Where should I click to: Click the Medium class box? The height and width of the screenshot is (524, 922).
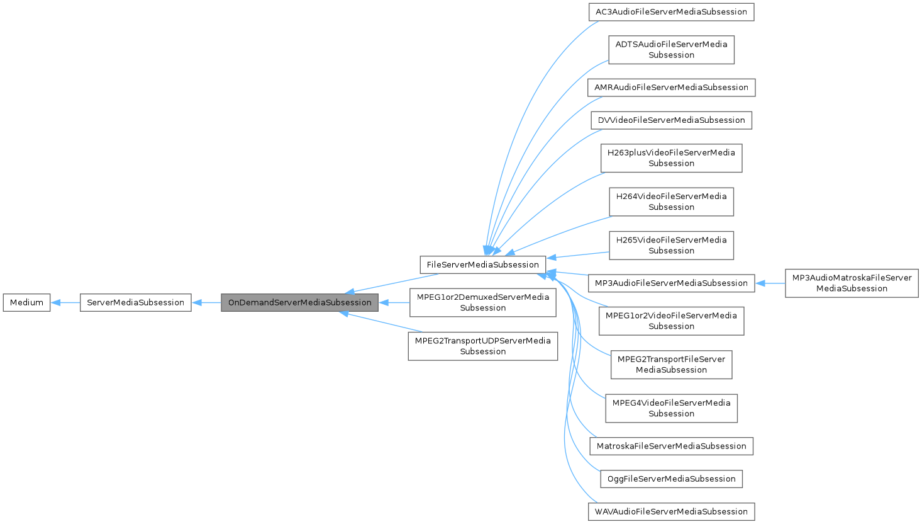[26, 302]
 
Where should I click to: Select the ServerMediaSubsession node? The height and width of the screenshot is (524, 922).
[135, 302]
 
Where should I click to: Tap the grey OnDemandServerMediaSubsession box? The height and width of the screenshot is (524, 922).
[299, 302]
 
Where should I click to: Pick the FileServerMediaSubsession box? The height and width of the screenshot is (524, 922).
[482, 265]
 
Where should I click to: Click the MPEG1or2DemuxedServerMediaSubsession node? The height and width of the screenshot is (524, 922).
[482, 302]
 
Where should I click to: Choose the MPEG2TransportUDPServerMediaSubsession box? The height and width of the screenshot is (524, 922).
[482, 346]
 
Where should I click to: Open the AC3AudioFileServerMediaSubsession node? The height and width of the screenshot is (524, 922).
[671, 12]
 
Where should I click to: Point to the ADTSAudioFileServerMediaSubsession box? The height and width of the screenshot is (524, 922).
[671, 50]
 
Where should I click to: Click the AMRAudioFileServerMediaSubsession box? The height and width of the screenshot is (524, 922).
[671, 88]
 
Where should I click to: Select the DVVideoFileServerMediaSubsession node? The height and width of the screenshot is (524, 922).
[671, 120]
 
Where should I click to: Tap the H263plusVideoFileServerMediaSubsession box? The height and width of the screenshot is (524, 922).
[671, 158]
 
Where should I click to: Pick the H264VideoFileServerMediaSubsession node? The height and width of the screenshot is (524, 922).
[671, 202]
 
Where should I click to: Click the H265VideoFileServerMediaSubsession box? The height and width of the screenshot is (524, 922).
[671, 245]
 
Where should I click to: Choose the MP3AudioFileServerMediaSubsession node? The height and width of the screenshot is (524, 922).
[671, 283]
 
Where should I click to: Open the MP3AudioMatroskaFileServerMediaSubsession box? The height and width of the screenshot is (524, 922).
[852, 283]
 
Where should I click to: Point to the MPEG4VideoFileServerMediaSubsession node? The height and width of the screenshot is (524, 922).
[671, 408]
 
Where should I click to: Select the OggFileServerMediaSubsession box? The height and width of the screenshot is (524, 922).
[671, 479]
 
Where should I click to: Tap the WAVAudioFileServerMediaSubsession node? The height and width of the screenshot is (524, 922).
[671, 511]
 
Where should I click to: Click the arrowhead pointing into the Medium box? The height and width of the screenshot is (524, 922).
[55, 302]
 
